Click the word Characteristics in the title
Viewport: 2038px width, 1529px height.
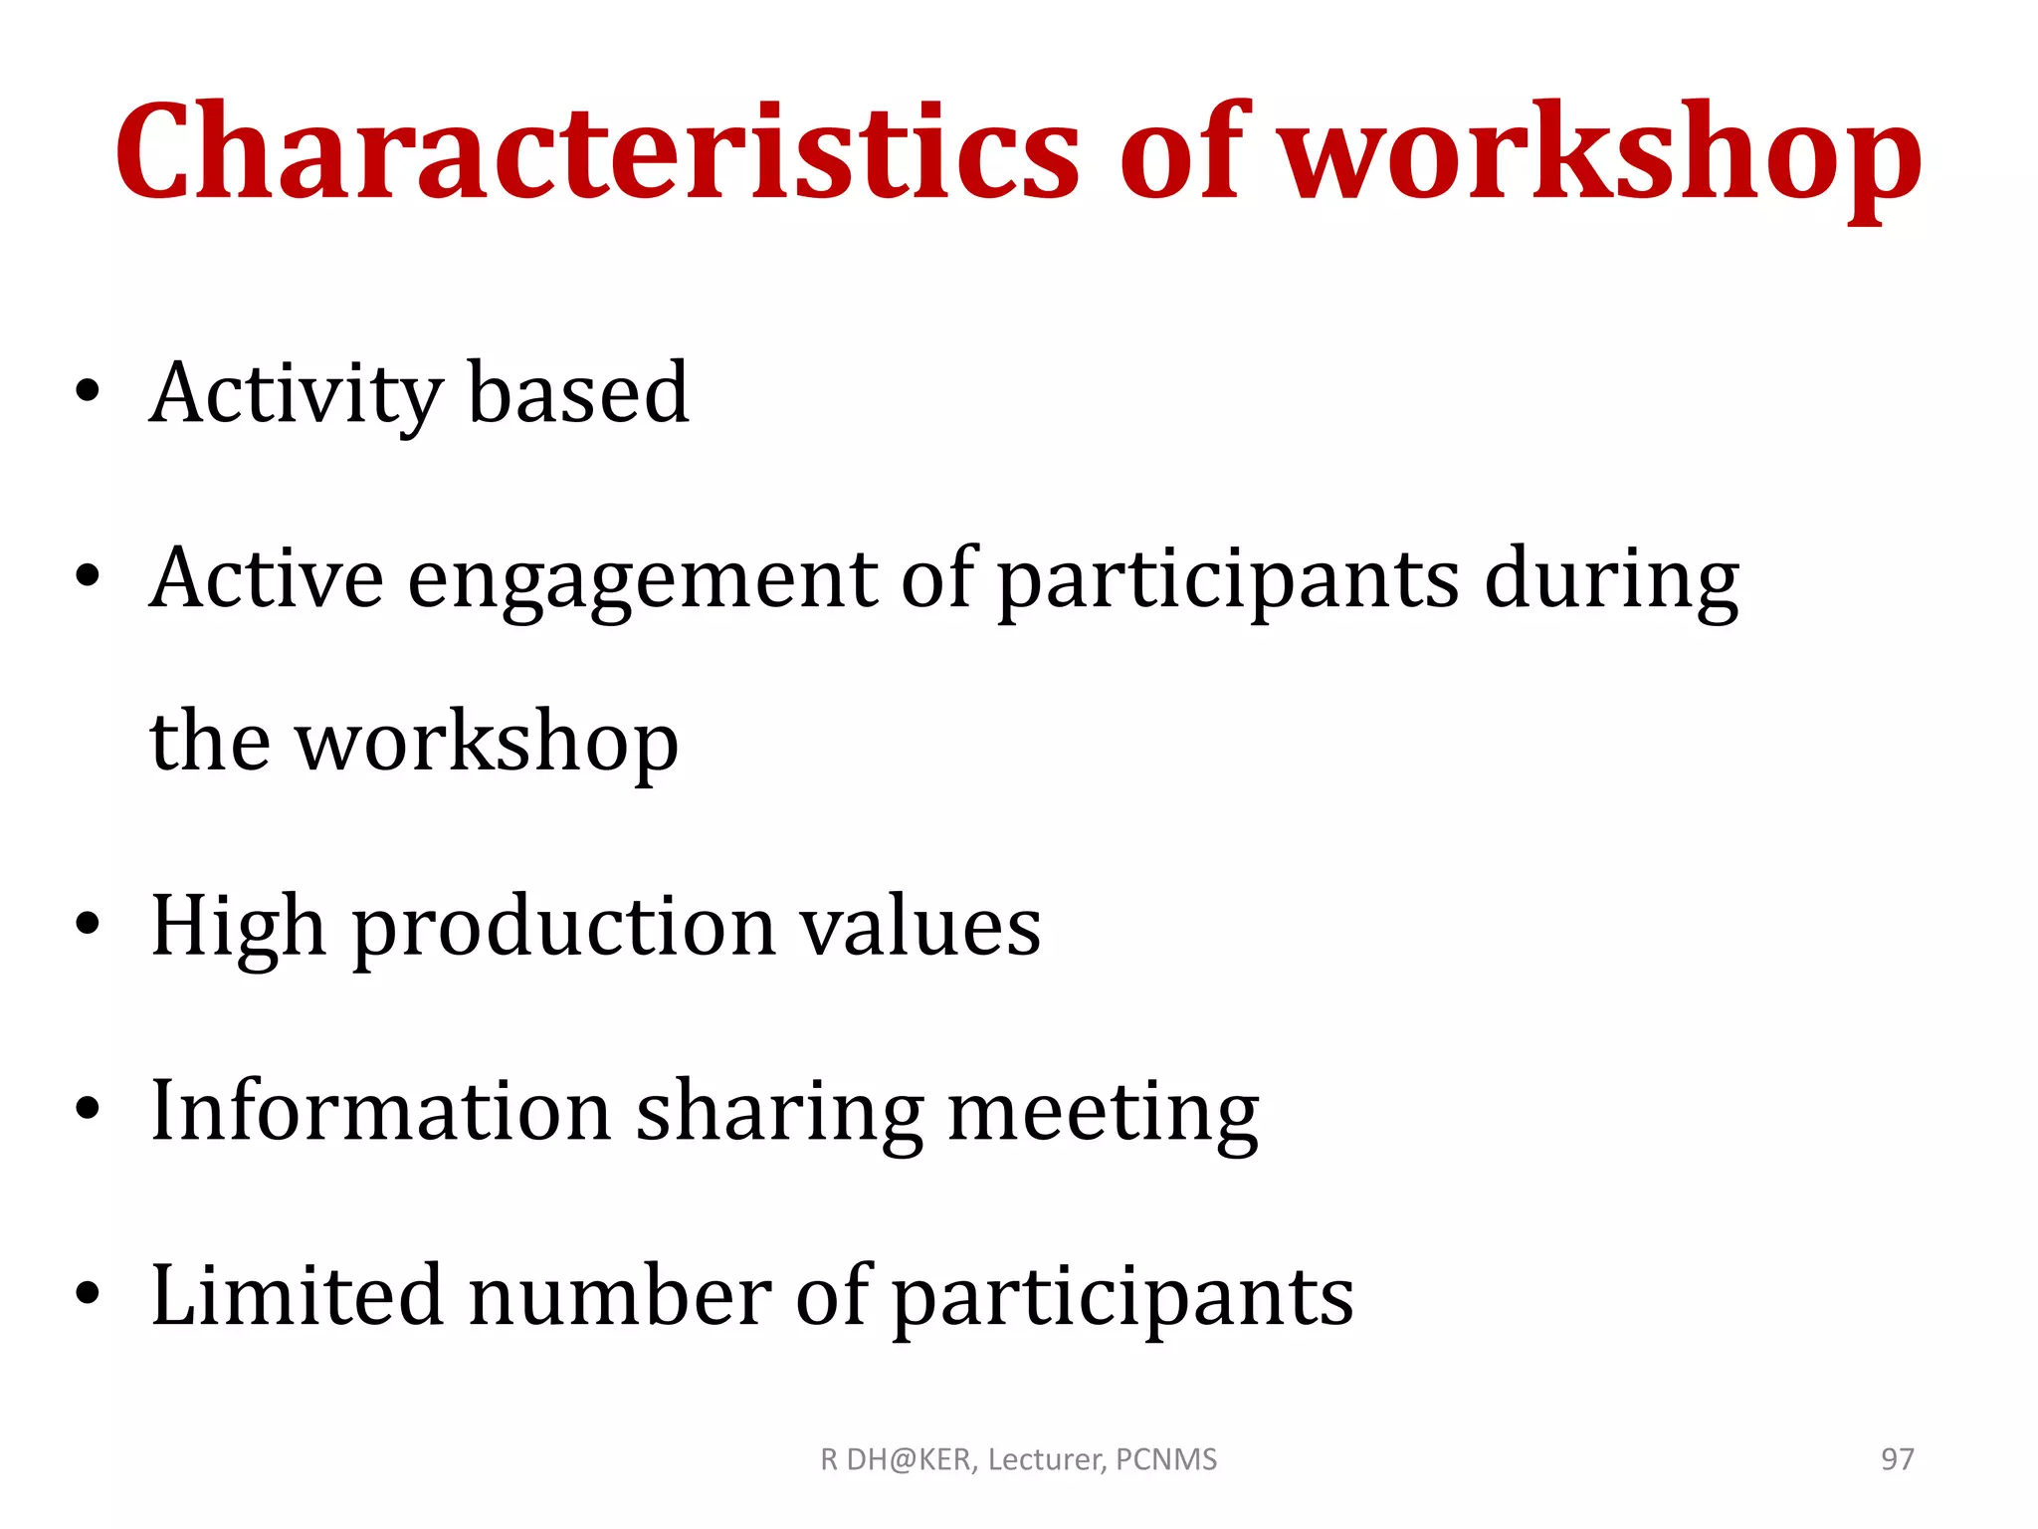pyautogui.click(x=597, y=151)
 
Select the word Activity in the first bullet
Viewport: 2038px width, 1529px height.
pyautogui.click(x=296, y=394)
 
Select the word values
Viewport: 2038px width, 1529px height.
pyautogui.click(x=921, y=926)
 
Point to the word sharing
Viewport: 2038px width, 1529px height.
pyautogui.click(x=780, y=1113)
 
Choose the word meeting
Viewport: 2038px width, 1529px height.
pyautogui.click(x=1104, y=1113)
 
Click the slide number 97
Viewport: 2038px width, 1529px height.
pyautogui.click(x=1897, y=1459)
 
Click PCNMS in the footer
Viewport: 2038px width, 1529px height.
pyautogui.click(x=1166, y=1459)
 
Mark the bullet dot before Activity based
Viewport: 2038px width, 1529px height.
pyautogui.click(x=88, y=390)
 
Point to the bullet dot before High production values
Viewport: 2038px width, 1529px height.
pyautogui.click(x=88, y=924)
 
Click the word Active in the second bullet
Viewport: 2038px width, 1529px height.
pyautogui.click(x=267, y=578)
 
